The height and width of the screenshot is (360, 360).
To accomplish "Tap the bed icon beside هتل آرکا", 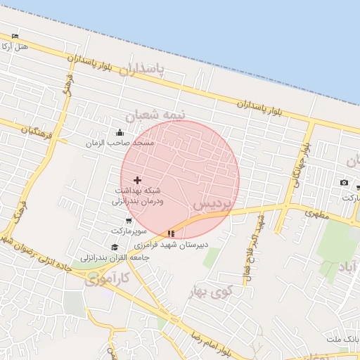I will (15, 36).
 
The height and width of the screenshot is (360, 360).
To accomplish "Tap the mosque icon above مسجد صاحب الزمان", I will (120, 132).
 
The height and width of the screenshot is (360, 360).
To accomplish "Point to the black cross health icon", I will (137, 181).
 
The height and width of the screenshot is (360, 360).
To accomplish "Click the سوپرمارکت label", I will (128, 231).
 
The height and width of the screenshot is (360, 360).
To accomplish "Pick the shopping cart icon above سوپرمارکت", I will (128, 221).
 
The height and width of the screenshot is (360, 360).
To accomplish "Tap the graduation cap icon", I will (115, 247).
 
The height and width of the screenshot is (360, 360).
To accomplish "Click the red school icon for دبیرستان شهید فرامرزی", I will (171, 233).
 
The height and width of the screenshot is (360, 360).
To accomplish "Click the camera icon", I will (344, 183).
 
